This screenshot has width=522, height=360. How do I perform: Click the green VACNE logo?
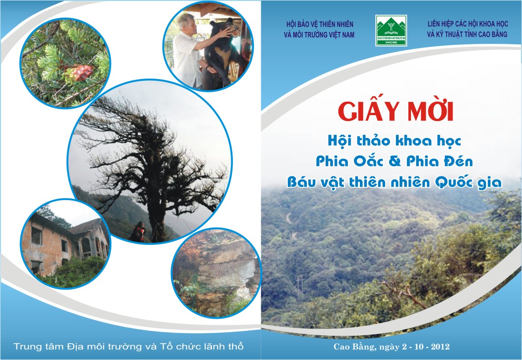(x=391, y=30)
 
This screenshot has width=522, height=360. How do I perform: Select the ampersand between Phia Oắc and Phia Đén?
(x=395, y=162)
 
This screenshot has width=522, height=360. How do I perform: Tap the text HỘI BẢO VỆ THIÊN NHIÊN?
(x=320, y=24)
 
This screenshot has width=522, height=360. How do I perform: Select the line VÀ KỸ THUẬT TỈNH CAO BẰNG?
(x=467, y=34)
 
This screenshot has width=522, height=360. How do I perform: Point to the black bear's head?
(x=224, y=29)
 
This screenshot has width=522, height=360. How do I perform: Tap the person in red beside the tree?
(x=138, y=232)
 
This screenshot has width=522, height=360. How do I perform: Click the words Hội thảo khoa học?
(x=394, y=141)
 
